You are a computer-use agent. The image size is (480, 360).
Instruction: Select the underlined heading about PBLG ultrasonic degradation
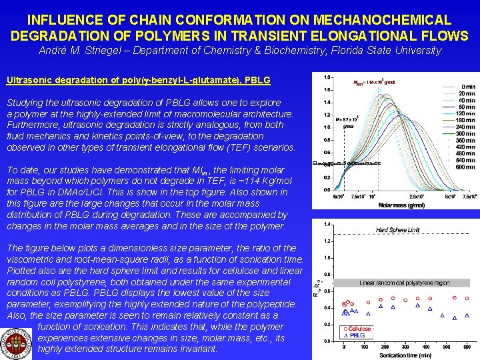(138, 80)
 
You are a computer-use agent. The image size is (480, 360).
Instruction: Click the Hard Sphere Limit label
(397, 230)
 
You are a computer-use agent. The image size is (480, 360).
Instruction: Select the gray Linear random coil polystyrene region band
(405, 283)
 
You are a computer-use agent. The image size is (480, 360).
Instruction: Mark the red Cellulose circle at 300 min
(406, 299)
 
